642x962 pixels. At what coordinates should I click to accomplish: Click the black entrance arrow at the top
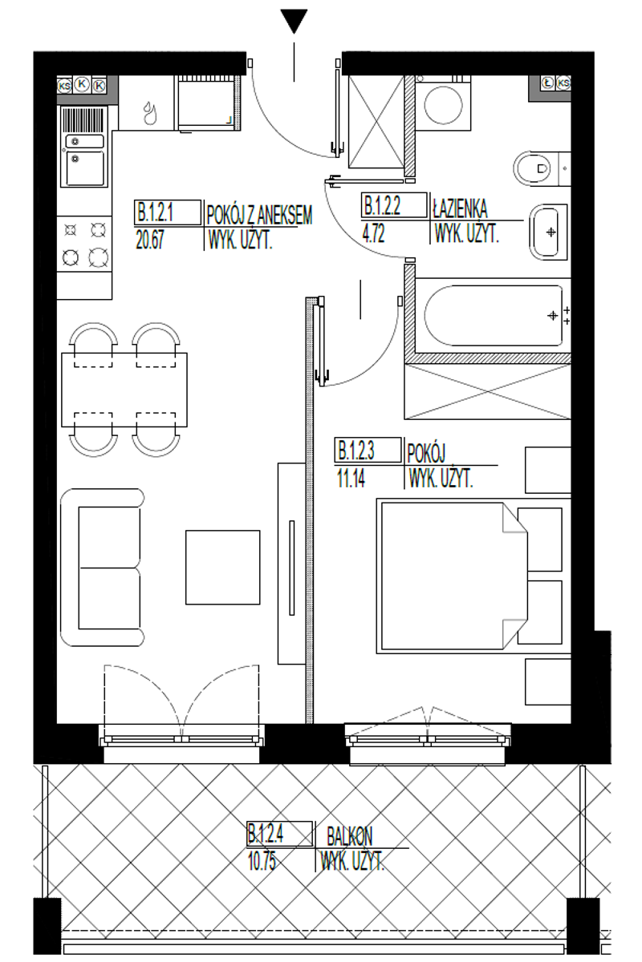coord(295,21)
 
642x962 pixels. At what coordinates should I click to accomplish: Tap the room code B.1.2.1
coord(155,212)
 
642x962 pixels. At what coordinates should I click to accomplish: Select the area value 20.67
coord(149,240)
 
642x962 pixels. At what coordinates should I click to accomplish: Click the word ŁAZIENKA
coord(460,208)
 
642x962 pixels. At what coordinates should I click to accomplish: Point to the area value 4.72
coord(373,234)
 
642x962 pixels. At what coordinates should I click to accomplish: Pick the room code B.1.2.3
coord(356,450)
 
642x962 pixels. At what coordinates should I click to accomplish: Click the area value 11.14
coord(351,478)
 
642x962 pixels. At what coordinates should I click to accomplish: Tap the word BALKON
coord(349,835)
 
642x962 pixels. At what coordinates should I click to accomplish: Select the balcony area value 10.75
coord(262,861)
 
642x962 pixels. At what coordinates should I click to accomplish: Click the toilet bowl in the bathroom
coord(532,168)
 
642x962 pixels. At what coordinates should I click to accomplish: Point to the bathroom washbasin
coord(549,232)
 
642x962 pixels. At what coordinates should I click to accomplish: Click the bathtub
coord(494,316)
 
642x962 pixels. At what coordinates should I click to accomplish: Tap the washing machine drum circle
coord(443,105)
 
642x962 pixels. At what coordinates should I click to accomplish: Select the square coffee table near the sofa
coord(223,568)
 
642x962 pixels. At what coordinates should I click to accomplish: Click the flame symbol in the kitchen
coord(151,113)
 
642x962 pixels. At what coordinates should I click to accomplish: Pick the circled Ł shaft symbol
coord(547,83)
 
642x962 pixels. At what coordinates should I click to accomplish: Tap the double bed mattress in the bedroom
coord(452,576)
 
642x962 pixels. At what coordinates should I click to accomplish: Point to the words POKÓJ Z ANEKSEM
coord(259,215)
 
